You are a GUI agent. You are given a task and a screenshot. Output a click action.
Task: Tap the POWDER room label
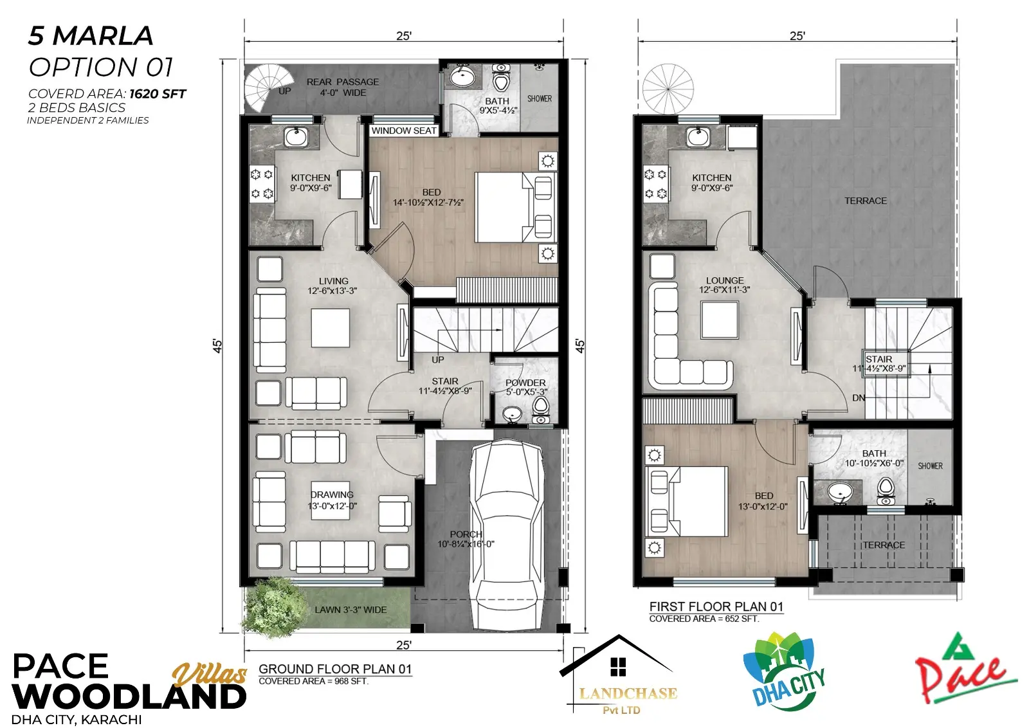coord(525,383)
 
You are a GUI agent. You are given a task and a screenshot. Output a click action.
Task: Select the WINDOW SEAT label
coord(404,131)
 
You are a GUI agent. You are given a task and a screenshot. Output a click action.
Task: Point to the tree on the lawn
coord(274,606)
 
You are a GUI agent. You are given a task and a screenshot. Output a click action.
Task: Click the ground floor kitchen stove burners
coord(261,185)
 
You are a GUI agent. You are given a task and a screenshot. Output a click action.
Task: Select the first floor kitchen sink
coord(698,137)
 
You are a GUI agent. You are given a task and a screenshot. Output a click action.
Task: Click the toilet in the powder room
coord(541,410)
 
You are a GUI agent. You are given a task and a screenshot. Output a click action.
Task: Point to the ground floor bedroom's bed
coord(514,207)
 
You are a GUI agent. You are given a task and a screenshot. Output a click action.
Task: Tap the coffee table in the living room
coord(331,328)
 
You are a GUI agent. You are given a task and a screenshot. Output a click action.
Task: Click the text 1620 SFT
coord(158,94)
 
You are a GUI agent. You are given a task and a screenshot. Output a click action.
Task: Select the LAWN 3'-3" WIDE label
coord(351,610)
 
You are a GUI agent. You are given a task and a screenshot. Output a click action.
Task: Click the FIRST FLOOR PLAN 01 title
coord(716,606)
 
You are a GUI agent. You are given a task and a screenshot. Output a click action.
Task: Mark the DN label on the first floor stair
coord(859,397)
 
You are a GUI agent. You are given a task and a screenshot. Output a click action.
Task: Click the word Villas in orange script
coord(210,674)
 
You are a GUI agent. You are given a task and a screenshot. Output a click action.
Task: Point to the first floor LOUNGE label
coord(725,280)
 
